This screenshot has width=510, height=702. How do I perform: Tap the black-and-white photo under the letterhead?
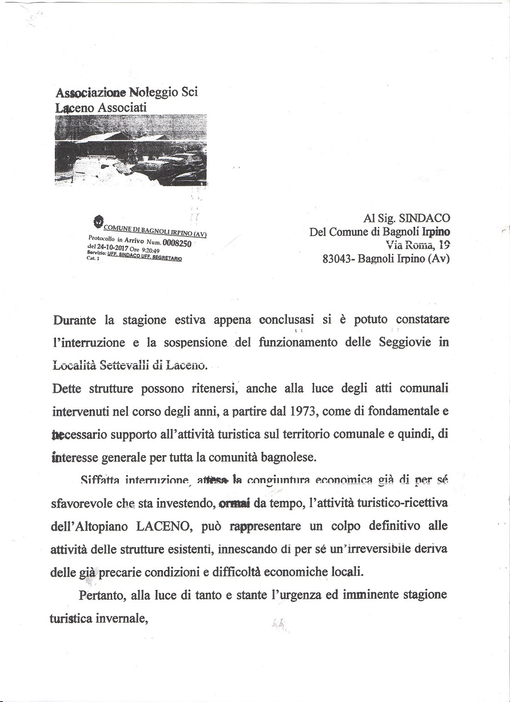[x=131, y=151]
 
